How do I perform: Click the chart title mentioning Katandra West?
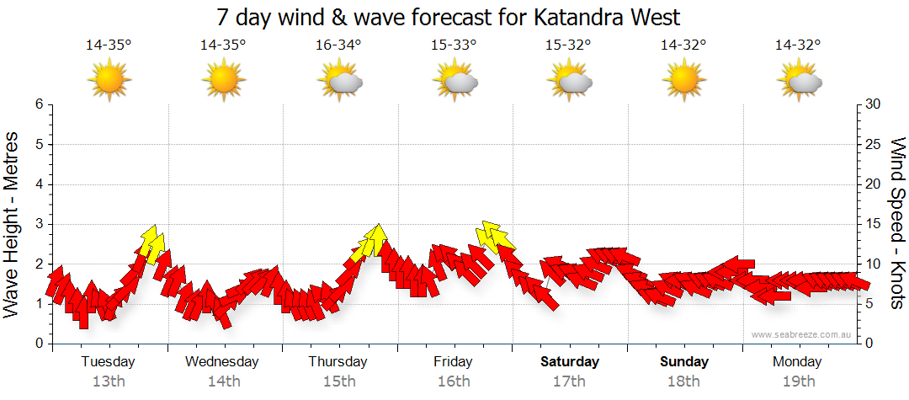coord(448,17)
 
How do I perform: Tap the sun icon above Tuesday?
coord(109,81)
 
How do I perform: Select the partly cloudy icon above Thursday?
coord(339,82)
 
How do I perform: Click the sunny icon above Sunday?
coord(685,81)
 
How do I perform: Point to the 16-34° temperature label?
coord(338,45)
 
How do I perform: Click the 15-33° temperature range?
coord(454,45)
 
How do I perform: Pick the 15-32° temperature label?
coord(569,45)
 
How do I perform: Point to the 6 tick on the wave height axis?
coord(38,104)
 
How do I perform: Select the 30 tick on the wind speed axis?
coord(874,104)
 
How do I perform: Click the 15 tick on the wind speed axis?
coord(874,224)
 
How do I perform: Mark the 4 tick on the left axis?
coord(38,184)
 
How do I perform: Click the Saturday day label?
coord(570,362)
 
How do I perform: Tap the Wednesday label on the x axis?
coord(222,362)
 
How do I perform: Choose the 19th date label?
coord(798,381)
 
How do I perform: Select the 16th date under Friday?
coord(454,381)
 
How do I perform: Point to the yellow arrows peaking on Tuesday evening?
coord(152,243)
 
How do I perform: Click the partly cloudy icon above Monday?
coord(800,82)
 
